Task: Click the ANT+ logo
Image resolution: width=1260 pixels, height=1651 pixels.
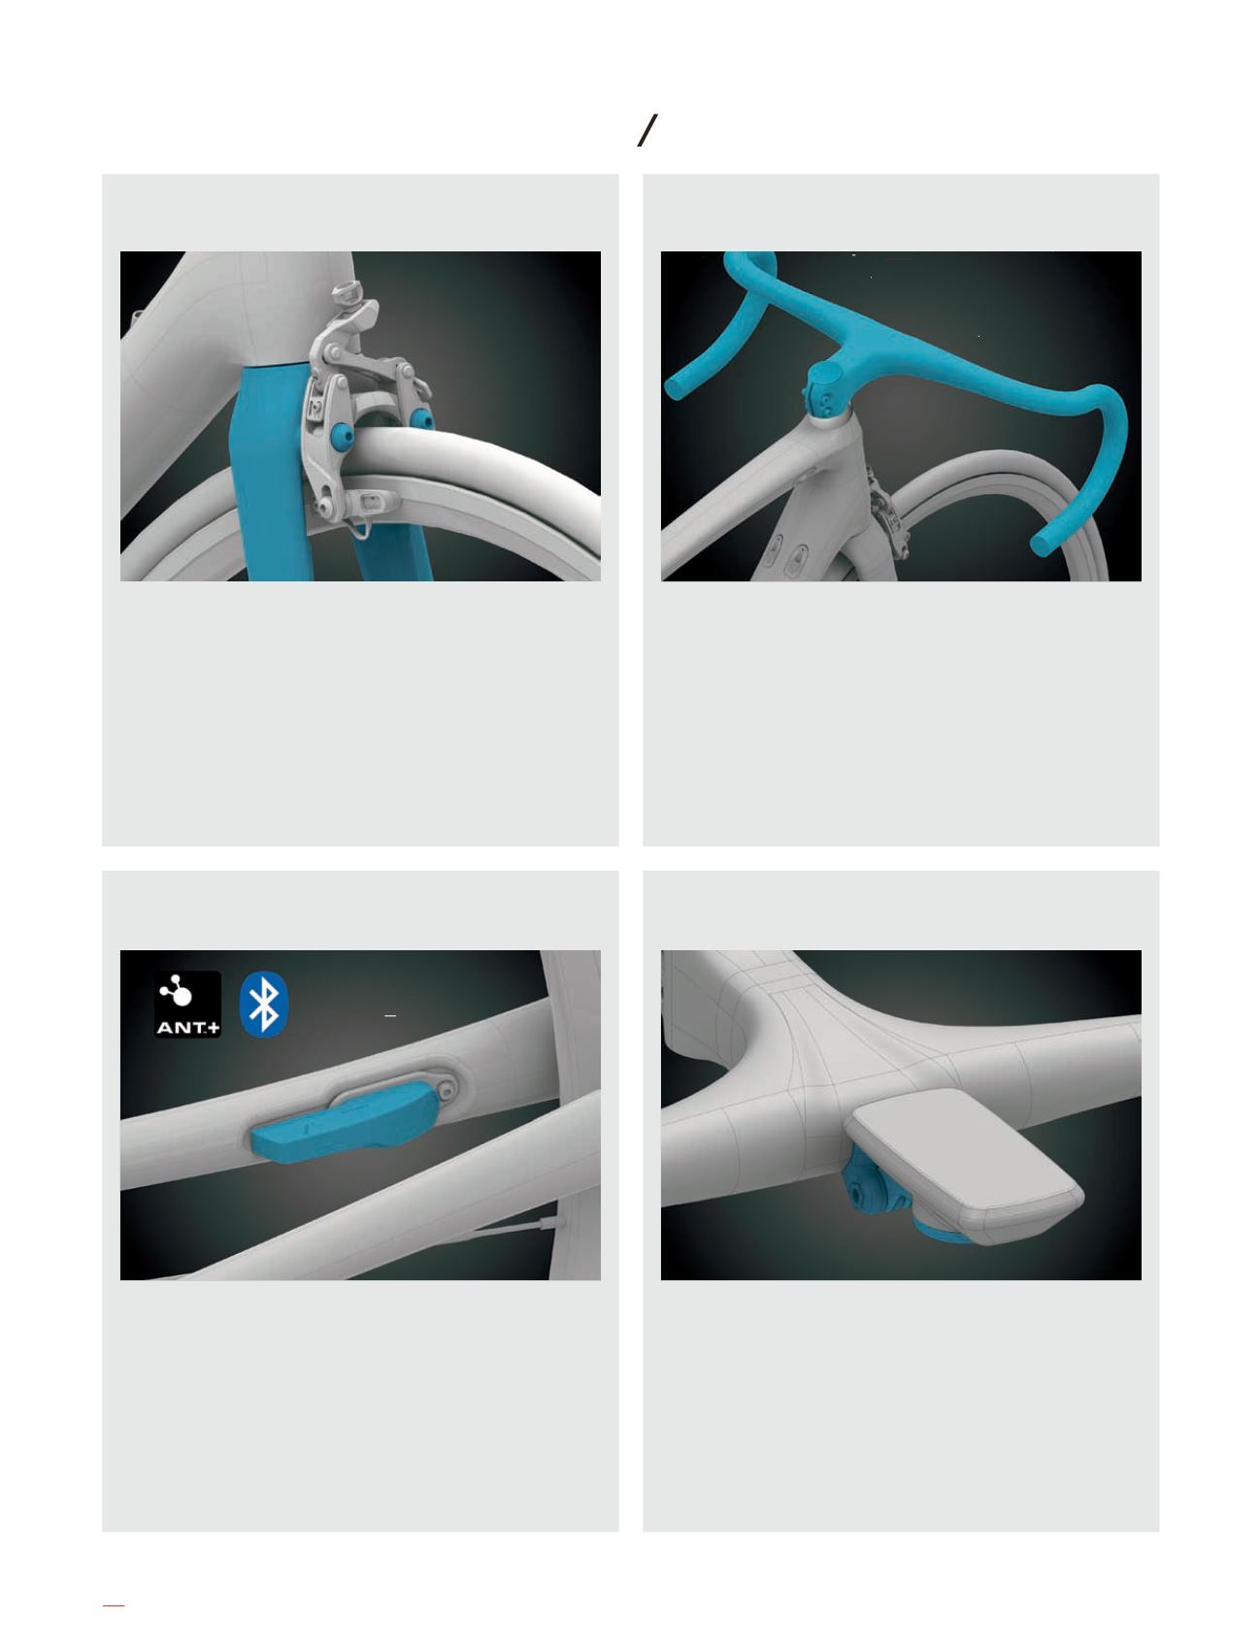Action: tap(188, 1005)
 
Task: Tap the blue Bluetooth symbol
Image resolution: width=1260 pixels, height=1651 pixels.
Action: tap(261, 1005)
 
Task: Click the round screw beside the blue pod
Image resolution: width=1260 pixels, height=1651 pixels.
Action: tap(447, 1089)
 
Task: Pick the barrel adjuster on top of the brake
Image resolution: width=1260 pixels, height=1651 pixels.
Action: tap(344, 293)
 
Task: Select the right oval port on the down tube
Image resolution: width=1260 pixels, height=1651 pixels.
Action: tap(801, 557)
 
